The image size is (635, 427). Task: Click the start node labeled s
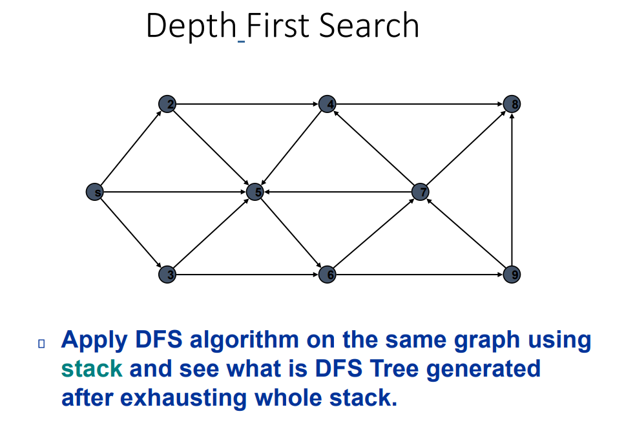click(95, 192)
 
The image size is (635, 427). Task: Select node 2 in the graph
click(167, 104)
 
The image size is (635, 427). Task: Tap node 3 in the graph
click(167, 275)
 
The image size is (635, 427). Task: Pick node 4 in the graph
click(328, 104)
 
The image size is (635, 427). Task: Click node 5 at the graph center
click(255, 192)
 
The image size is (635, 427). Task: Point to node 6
click(328, 275)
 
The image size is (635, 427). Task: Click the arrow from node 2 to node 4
click(247, 104)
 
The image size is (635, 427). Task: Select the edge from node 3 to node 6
click(247, 275)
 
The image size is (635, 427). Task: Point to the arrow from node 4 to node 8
click(420, 104)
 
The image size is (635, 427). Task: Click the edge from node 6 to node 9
click(420, 275)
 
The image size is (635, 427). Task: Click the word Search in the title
click(370, 26)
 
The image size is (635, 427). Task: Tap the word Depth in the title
click(191, 26)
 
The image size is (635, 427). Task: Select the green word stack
click(92, 368)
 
